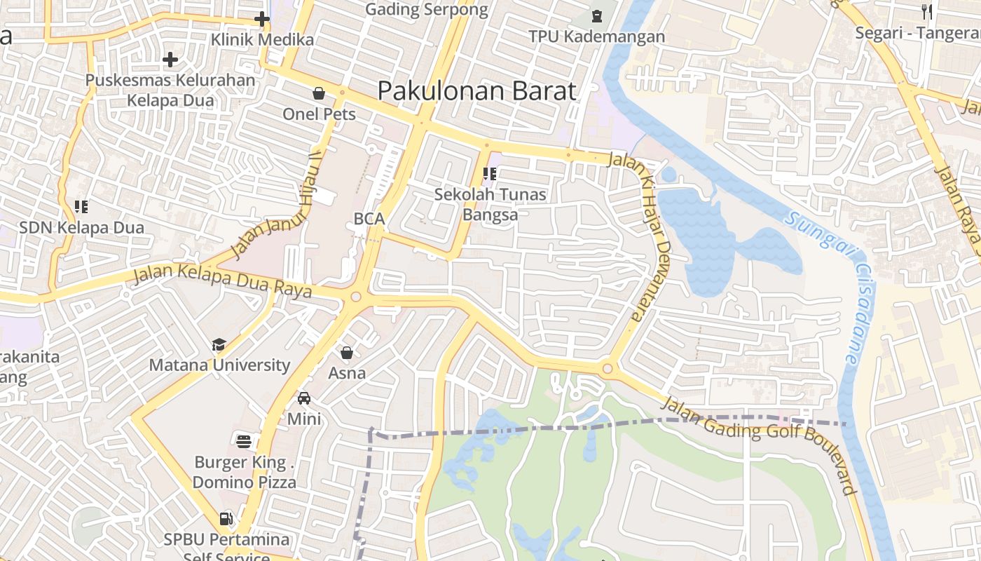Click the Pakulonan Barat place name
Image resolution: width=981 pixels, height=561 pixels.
point(476,91)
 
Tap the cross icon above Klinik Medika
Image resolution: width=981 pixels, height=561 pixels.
point(262,19)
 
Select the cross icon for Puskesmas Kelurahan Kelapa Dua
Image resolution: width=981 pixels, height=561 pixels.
point(170,60)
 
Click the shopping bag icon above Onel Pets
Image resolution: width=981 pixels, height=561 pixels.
point(319,93)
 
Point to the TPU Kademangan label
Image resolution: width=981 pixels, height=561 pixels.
point(596,36)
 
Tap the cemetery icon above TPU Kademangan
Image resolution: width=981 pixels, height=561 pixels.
point(597,15)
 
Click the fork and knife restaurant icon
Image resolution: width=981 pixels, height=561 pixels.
point(928,11)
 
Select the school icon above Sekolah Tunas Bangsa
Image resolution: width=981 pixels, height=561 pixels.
point(490,173)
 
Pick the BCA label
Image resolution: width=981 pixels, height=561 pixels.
point(369,219)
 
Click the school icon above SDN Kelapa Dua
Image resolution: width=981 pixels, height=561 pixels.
point(81,206)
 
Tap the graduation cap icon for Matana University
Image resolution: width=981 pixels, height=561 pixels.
point(219,344)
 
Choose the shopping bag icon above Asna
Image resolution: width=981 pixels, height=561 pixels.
point(347,352)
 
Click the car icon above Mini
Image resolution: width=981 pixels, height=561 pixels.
point(304,398)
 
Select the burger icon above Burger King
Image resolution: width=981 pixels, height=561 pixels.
point(244,441)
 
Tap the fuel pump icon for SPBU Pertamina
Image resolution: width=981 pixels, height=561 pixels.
point(226,519)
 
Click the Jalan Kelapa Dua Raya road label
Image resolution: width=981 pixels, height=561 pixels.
point(223,281)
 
